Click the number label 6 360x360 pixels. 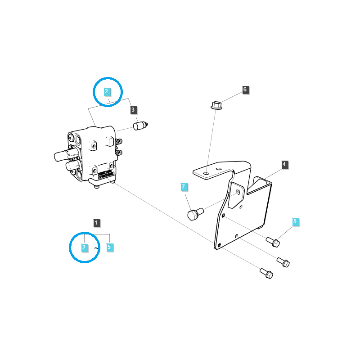(x=245, y=90)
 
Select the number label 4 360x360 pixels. (x=284, y=165)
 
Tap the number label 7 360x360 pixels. (x=183, y=187)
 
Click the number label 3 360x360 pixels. (x=133, y=109)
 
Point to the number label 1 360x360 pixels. (x=97, y=222)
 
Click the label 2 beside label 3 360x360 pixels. (x=106, y=91)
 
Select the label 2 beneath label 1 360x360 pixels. (x=84, y=247)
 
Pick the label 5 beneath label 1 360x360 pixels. (x=109, y=247)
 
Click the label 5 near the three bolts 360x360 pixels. (x=295, y=221)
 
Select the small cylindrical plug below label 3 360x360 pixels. (x=140, y=126)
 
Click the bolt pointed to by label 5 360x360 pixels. (x=273, y=243)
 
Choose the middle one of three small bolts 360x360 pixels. (x=283, y=261)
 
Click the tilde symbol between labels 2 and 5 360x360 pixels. (x=96, y=247)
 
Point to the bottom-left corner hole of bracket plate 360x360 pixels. (x=219, y=245)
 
